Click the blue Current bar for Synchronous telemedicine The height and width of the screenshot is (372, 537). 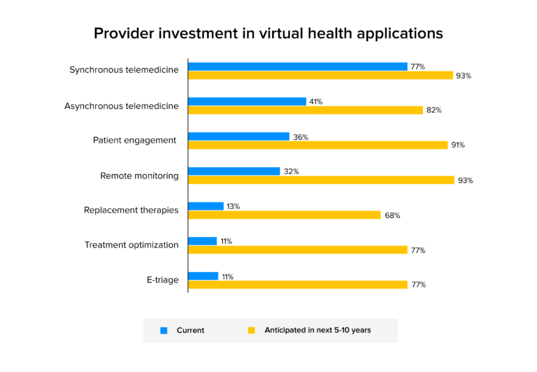[297, 66]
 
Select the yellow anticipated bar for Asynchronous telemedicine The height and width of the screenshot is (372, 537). [306, 110]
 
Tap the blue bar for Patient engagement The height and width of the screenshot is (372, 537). [238, 136]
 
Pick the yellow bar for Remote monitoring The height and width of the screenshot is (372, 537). [321, 180]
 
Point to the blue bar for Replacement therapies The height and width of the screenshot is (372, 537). [206, 206]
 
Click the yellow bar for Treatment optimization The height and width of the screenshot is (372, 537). [297, 250]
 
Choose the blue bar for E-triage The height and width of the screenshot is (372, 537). [203, 276]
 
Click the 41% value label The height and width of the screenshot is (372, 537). [315, 101]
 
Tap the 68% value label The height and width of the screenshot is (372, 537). [392, 215]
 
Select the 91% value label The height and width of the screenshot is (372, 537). [458, 145]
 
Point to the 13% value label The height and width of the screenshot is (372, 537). [233, 206]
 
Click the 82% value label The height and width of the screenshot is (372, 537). [434, 110]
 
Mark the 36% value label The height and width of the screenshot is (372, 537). [301, 137]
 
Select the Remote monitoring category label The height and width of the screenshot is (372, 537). [139, 176]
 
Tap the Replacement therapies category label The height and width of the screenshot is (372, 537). [131, 210]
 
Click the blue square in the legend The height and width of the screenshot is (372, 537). [164, 330]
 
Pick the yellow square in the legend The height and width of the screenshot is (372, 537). [252, 330]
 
